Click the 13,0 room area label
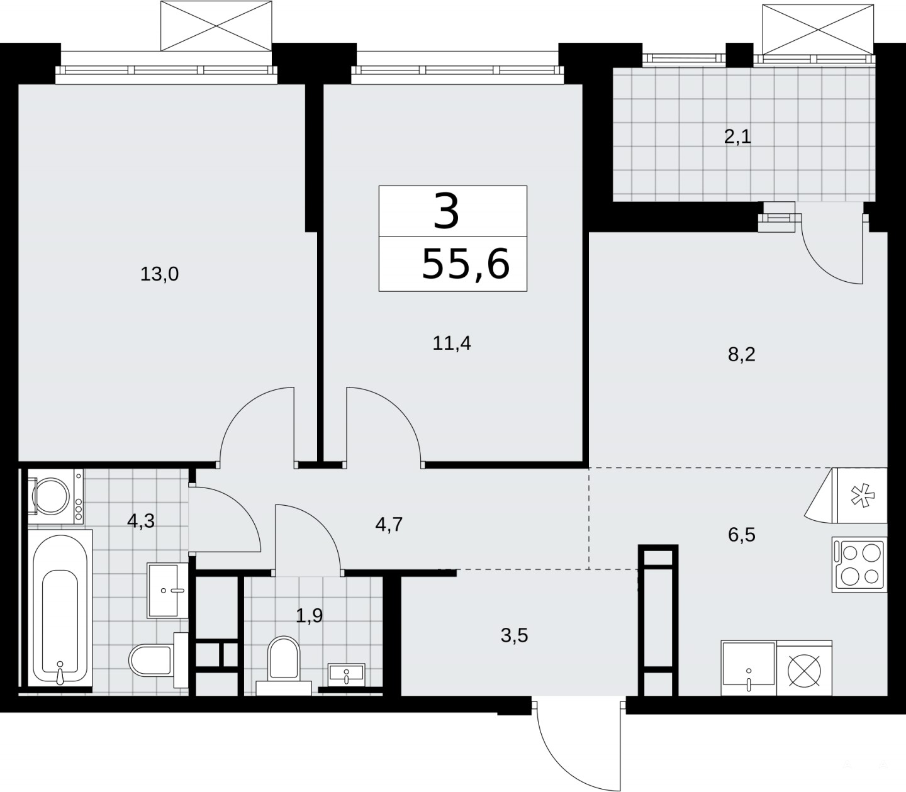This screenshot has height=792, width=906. (159, 274)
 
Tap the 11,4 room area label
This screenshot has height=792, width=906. (452, 343)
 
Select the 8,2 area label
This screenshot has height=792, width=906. (742, 355)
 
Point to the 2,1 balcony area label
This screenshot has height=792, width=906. (738, 137)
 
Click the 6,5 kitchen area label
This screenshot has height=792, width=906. (742, 535)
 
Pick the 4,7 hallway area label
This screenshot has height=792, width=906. (389, 525)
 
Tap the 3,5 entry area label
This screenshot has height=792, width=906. (515, 636)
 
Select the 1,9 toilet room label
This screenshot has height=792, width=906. (310, 616)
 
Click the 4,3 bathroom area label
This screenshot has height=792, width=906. (141, 521)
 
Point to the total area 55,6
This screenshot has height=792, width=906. (466, 264)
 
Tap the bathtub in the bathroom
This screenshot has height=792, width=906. (60, 609)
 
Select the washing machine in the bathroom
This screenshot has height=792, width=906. (55, 497)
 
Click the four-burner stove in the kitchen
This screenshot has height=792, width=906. (859, 564)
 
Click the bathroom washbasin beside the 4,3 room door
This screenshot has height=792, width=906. (168, 591)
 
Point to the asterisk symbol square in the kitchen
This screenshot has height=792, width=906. (860, 495)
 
